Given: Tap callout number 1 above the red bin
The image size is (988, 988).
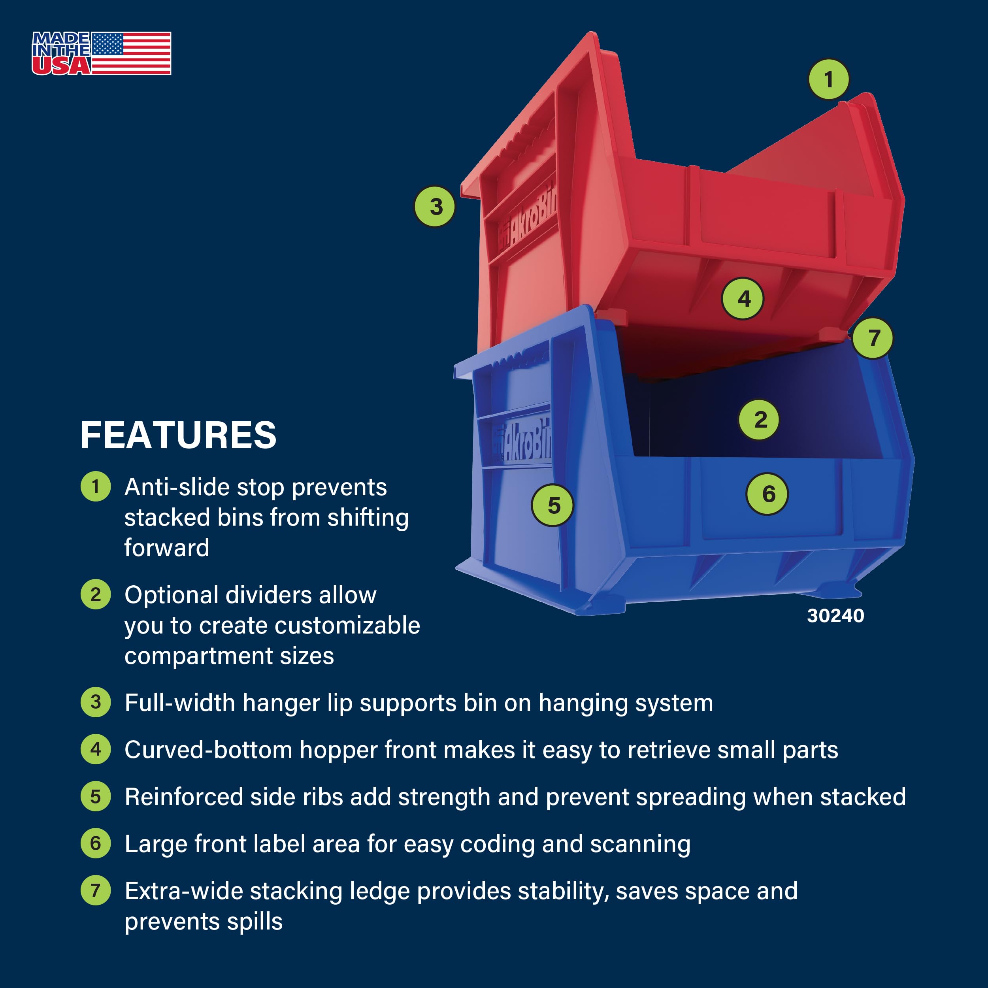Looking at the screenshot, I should [x=828, y=79].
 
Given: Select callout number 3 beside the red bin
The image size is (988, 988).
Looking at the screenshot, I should [x=435, y=207].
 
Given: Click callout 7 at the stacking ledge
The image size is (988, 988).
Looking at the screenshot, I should [x=873, y=338].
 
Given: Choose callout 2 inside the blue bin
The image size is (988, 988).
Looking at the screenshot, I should [x=760, y=420].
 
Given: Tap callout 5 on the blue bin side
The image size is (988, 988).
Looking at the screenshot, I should [x=553, y=505].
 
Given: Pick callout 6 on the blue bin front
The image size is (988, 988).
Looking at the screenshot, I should [x=767, y=494].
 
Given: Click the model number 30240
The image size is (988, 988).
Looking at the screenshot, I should [x=835, y=616].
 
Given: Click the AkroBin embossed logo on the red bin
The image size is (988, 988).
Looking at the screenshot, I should [x=529, y=220].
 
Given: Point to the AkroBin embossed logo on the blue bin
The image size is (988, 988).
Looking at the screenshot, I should [x=527, y=440].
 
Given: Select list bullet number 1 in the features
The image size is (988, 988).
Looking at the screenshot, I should [x=96, y=486].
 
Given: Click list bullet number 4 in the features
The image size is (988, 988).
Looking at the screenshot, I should [x=96, y=749].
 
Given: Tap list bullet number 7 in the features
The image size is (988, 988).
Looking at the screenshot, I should [x=96, y=890].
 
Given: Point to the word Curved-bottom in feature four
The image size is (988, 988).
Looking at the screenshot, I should [x=208, y=750].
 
